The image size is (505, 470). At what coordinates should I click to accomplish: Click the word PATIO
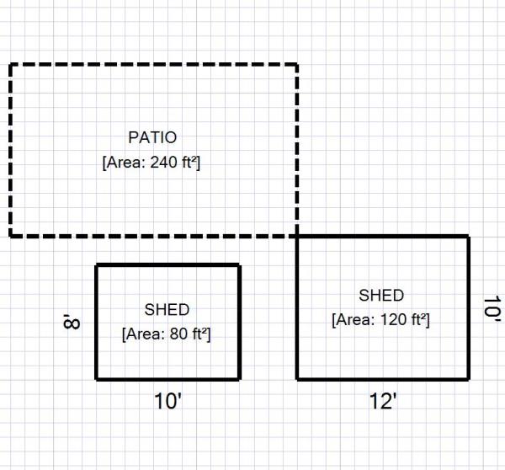point(152,136)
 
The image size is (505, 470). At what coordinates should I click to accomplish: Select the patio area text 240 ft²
point(151,163)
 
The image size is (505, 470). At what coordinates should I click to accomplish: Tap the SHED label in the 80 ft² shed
point(167,310)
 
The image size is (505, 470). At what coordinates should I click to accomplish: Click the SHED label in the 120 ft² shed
point(381,296)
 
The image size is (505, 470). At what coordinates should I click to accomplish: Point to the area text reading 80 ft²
point(167,334)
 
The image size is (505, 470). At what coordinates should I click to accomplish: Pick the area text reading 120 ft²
point(380,320)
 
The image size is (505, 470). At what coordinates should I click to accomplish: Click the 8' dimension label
point(72,322)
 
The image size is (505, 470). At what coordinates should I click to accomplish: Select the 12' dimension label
point(382,403)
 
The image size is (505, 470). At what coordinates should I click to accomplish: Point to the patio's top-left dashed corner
point(11,64)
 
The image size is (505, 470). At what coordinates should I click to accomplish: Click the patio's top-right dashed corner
point(297,64)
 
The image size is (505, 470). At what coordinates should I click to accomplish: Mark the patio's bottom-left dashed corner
point(11,235)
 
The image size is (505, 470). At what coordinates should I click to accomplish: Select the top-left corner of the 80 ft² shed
point(97,265)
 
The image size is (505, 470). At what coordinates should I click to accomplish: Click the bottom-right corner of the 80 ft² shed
point(240,379)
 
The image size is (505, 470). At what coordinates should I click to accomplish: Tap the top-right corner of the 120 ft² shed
point(468,237)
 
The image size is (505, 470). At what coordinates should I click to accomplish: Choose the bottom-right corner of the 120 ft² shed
point(468,379)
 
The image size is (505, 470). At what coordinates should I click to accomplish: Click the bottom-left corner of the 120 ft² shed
point(297,379)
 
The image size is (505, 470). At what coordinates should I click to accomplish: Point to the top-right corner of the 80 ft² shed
point(240,265)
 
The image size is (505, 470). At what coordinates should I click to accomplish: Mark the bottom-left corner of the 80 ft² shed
point(97,379)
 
